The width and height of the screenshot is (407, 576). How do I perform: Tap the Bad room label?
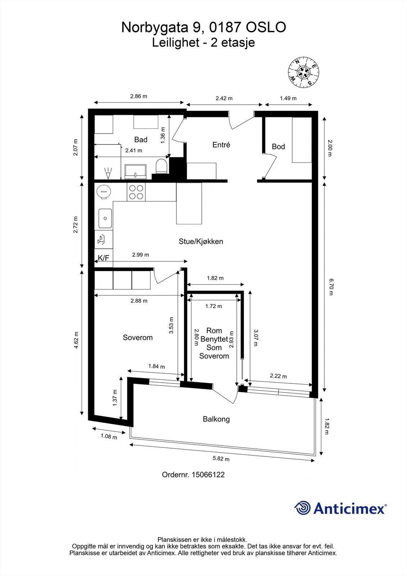141,140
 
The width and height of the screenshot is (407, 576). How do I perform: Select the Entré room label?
221,145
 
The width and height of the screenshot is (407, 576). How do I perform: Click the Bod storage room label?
278,147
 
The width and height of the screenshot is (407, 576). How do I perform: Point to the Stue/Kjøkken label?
201,242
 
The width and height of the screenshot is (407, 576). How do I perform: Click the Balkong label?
216,419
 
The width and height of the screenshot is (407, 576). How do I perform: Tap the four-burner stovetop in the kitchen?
136,192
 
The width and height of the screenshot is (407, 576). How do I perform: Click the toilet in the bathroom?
162,167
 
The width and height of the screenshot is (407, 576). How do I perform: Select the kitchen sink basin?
105,219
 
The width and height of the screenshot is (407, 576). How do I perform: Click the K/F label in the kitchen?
103,258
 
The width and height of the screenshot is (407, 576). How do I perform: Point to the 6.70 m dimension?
331,286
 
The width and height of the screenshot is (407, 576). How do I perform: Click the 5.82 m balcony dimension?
221,459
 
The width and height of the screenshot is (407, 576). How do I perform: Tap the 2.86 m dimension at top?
139,96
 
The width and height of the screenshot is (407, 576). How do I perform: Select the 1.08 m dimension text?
109,437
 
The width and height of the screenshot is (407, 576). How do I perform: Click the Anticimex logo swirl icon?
302,508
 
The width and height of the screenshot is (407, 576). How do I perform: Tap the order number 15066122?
208,474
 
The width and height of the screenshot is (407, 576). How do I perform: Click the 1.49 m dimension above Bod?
288,98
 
